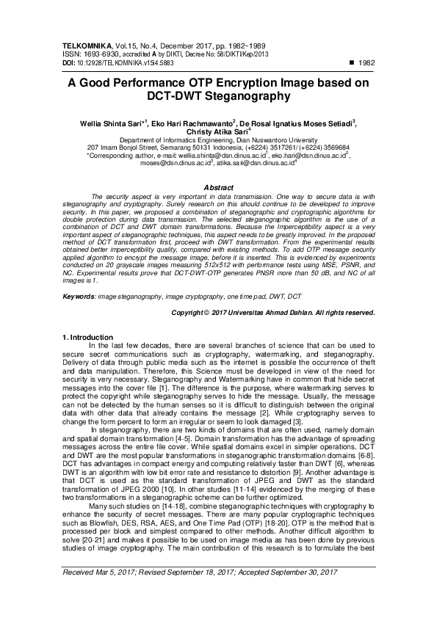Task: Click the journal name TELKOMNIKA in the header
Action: (x=80, y=45)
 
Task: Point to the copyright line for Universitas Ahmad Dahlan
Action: (x=272, y=312)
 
